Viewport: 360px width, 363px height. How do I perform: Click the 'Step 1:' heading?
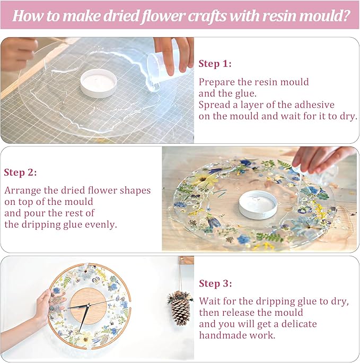tap(215, 64)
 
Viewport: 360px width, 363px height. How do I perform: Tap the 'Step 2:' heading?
tap(20, 172)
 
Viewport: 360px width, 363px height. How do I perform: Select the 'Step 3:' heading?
tap(215, 283)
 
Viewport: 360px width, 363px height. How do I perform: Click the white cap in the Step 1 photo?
tap(99, 84)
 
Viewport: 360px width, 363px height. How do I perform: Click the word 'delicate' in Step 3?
tap(300, 324)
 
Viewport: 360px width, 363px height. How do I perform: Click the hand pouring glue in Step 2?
tap(318, 158)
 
